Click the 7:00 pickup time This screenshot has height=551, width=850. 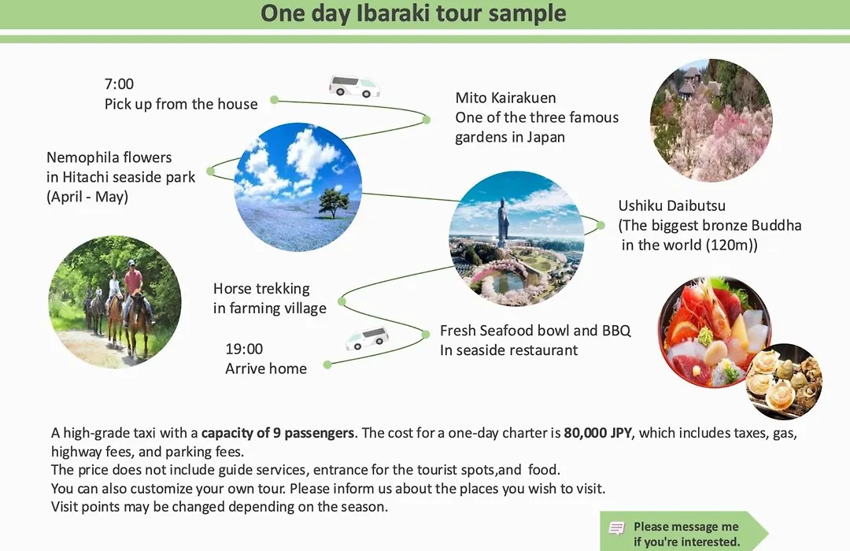click(x=119, y=84)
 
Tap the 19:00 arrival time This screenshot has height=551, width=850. click(x=244, y=349)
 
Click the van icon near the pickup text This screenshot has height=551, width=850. click(x=354, y=86)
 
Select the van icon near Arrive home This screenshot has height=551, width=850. click(x=367, y=338)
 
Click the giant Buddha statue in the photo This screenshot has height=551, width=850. click(x=502, y=222)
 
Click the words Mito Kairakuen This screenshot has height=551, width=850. click(x=505, y=98)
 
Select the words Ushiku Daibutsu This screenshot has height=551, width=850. click(x=671, y=206)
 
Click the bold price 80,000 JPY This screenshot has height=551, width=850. click(x=597, y=433)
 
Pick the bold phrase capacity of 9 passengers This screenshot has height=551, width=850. click(x=278, y=433)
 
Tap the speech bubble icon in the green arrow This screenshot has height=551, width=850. click(x=616, y=528)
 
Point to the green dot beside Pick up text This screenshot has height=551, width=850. click(x=275, y=100)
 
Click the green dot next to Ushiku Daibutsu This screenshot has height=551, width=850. click(x=601, y=225)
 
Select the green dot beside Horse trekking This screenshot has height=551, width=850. click(x=342, y=301)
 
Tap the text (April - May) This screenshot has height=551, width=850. click(x=87, y=196)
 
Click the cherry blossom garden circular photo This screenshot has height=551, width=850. click(x=711, y=120)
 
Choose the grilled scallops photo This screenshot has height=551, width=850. click(x=784, y=382)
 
